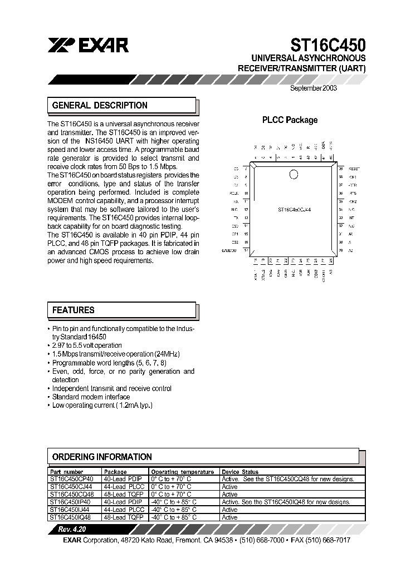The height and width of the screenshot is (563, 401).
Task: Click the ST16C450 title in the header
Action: (x=327, y=45)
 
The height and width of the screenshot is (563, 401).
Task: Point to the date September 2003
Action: (x=314, y=87)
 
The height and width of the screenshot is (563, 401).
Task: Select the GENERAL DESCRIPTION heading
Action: (x=100, y=105)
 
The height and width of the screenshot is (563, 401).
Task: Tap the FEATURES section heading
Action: (x=74, y=310)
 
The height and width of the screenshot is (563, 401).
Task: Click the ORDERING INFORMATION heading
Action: (x=102, y=457)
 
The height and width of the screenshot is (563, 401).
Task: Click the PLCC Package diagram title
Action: (x=290, y=120)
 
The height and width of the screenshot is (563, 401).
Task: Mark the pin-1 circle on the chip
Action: (x=294, y=175)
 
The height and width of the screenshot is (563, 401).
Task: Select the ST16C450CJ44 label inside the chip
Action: (x=294, y=210)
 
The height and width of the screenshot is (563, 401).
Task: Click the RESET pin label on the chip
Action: (x=354, y=168)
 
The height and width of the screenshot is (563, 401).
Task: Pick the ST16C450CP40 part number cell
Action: (x=72, y=478)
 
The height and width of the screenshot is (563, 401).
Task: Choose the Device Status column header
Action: (x=240, y=471)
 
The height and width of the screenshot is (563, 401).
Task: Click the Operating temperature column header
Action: (x=182, y=471)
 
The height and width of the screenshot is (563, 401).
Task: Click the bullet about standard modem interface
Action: (x=91, y=397)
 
